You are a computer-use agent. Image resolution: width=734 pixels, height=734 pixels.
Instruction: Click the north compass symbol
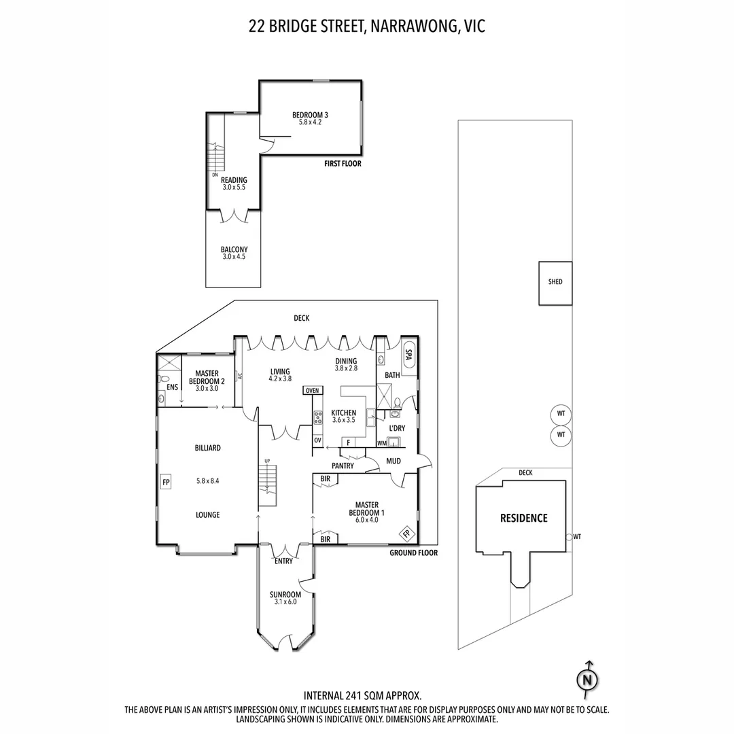pyautogui.click(x=588, y=680)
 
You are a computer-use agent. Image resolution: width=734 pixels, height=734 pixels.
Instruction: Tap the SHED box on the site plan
pyautogui.click(x=555, y=282)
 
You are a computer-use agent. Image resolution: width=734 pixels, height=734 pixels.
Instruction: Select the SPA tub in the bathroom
pyautogui.click(x=408, y=358)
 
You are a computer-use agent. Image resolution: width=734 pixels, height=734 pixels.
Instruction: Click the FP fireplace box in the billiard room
pyautogui.click(x=164, y=483)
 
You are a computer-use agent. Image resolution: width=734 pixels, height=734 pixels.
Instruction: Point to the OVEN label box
pyautogui.click(x=313, y=390)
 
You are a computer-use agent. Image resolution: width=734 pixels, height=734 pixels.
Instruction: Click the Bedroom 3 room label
pyautogui.click(x=310, y=114)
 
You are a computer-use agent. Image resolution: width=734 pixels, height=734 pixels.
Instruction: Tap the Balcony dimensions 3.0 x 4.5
pyautogui.click(x=234, y=257)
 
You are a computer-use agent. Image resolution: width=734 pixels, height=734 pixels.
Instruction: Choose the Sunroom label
pyautogui.click(x=285, y=594)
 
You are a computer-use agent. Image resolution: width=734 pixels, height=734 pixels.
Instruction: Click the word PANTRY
pyautogui.click(x=343, y=466)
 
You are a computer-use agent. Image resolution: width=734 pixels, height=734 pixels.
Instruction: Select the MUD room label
pyautogui.click(x=393, y=461)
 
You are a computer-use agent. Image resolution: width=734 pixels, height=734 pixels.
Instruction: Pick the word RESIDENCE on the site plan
pyautogui.click(x=523, y=518)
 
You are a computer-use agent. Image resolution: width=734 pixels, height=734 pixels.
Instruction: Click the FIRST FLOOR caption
pyautogui.click(x=343, y=164)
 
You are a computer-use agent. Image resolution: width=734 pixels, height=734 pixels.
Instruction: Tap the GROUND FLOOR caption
pyautogui.click(x=413, y=553)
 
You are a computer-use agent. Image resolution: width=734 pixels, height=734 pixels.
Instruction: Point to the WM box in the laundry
pyautogui.click(x=381, y=443)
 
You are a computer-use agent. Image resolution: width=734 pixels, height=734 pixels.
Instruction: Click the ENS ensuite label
pyautogui.click(x=172, y=387)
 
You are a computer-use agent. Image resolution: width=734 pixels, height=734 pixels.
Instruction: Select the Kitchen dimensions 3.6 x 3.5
pyautogui.click(x=343, y=420)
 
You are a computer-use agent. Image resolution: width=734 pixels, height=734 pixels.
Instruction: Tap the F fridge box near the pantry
pyautogui.click(x=348, y=442)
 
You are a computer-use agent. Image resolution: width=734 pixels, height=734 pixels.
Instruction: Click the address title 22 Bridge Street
pyautogui.click(x=367, y=27)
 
